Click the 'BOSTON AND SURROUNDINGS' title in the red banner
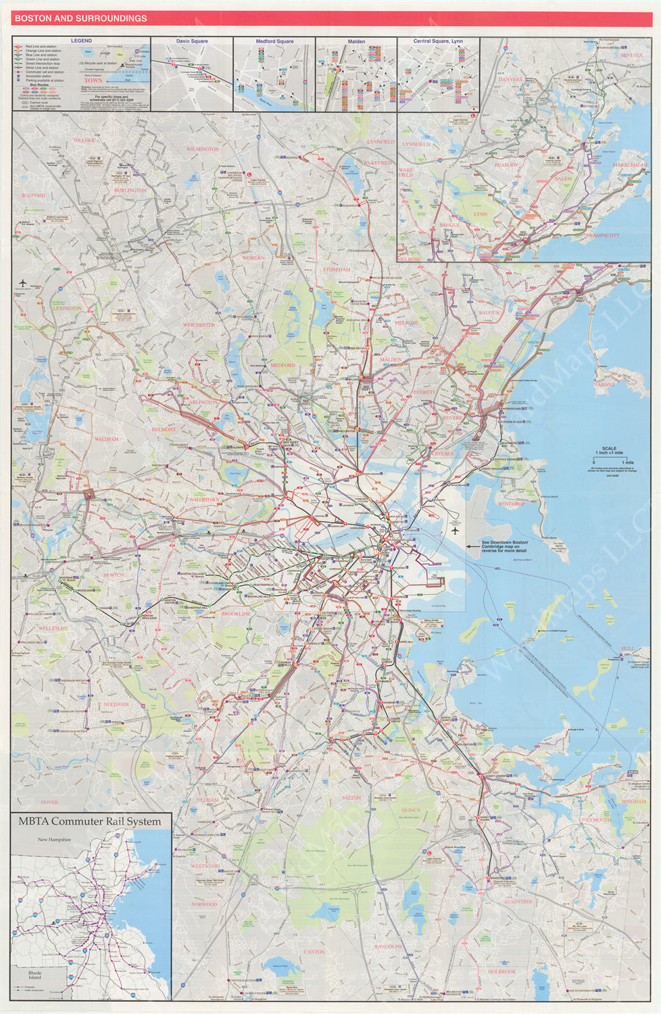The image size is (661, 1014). coord(80,18)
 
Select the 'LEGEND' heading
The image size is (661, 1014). coord(81,41)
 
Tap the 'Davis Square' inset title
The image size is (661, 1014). coord(192,41)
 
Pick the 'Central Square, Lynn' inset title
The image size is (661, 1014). coord(438,41)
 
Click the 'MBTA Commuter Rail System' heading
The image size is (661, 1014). coord(90,822)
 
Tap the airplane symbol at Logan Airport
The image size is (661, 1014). coord(456,529)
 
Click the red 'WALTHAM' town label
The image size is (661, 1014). coord(106,439)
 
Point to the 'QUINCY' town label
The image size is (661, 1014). coord(410,810)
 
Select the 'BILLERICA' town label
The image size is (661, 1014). coord(86,140)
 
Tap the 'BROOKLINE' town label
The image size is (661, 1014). coord(235,614)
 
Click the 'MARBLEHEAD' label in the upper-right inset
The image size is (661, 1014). coord(629,165)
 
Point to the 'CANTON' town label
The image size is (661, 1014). coord(314,952)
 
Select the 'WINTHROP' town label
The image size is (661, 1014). coord(511,504)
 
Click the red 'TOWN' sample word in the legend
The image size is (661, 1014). coord(93,80)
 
